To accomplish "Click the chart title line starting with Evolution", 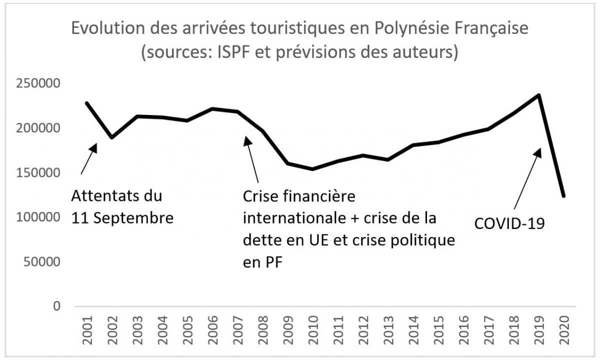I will coord(299,28).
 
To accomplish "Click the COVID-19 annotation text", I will coord(509,223).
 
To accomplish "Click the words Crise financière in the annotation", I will coord(299,196).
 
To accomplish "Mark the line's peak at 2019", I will coord(538,95).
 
